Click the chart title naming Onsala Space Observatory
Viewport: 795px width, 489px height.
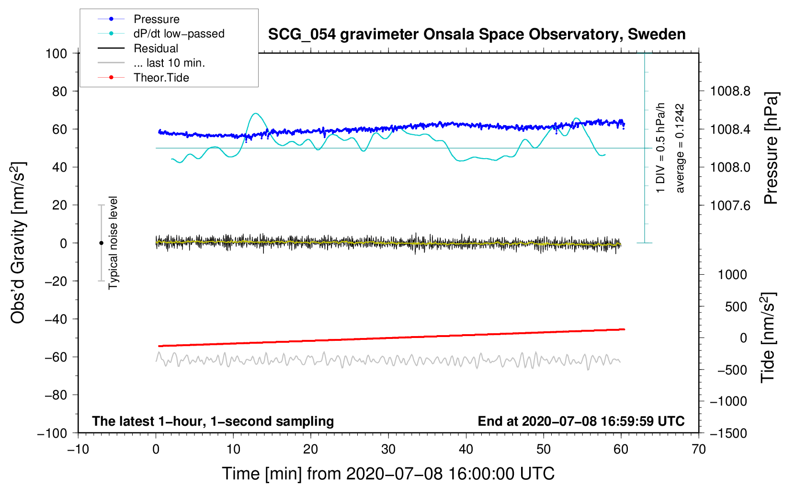click(x=477, y=35)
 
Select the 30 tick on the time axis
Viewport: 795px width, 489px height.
click(x=388, y=450)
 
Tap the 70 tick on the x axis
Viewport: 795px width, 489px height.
click(x=699, y=450)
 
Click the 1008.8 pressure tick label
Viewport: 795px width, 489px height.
click(x=730, y=91)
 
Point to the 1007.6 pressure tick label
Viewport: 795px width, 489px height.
click(x=730, y=206)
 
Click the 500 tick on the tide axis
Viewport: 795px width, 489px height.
click(x=736, y=307)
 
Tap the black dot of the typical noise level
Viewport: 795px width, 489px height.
click(x=101, y=243)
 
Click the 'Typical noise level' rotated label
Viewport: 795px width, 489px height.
click(x=113, y=243)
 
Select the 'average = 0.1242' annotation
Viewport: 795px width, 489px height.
click(x=680, y=149)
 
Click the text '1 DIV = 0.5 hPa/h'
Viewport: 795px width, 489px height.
click(x=661, y=148)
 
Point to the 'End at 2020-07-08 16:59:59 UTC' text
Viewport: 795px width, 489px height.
click(x=581, y=421)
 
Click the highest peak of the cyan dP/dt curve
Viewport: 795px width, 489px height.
click(x=256, y=114)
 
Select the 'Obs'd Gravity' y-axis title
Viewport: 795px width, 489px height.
click(x=18, y=243)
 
